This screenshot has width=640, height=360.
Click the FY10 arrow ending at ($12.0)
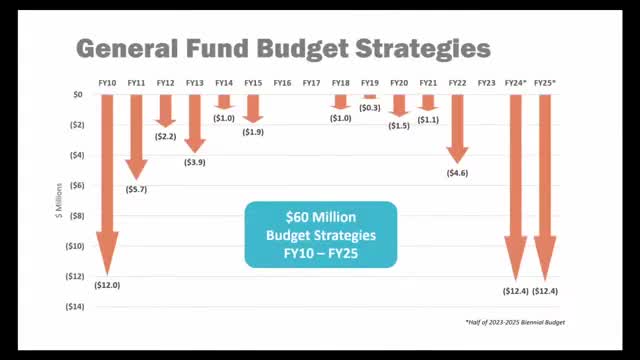coord(107,180)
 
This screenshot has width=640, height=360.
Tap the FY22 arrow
coord(457,126)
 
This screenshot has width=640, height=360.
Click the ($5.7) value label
coord(136,189)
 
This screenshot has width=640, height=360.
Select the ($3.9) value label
coord(195,162)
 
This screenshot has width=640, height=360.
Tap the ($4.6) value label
coord(457,173)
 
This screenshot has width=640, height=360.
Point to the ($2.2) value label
coord(165,136)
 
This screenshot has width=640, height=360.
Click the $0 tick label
coord(79,95)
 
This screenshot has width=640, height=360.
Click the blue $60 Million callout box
coord(321,235)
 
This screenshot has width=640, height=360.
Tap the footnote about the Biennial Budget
coord(522,323)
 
